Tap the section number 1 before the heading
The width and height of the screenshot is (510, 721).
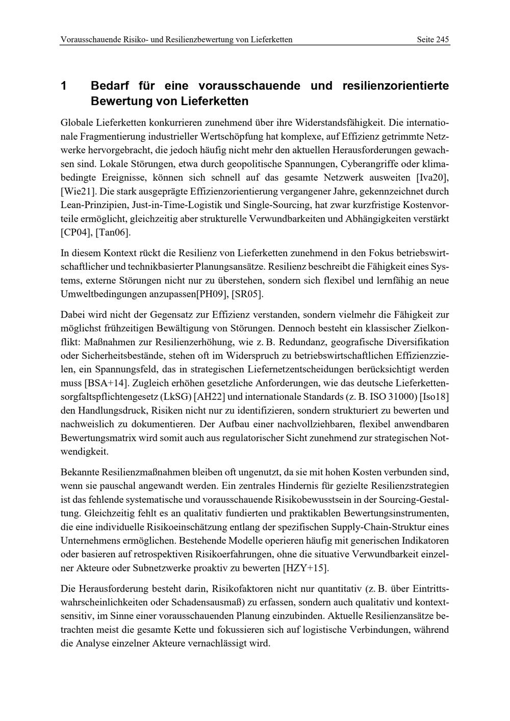click(64, 86)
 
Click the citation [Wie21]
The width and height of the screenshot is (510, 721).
click(78, 192)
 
